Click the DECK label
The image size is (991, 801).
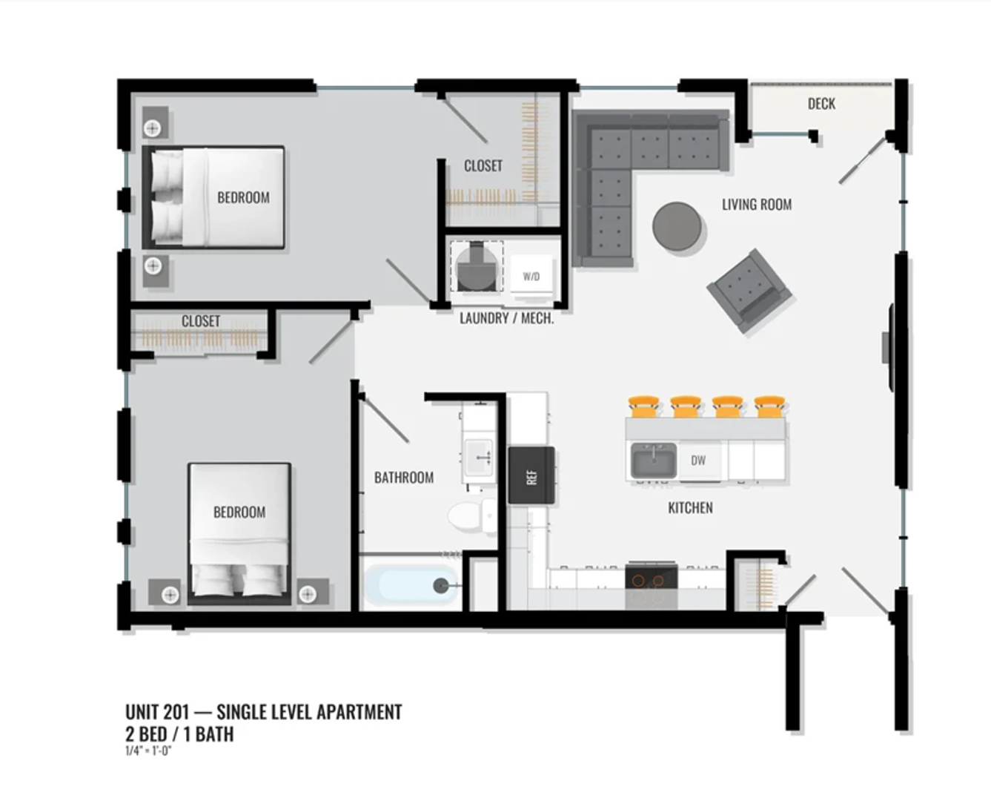click(821, 104)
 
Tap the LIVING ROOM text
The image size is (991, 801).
click(757, 204)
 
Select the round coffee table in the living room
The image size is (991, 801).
click(677, 227)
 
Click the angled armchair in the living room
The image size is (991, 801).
click(749, 291)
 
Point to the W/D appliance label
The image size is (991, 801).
click(531, 277)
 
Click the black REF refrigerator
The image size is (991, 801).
click(531, 475)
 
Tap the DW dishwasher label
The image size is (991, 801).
click(698, 461)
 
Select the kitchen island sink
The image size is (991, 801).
click(653, 461)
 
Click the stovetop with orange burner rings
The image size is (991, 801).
click(651, 580)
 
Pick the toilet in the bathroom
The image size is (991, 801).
click(471, 515)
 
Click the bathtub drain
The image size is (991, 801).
click(440, 585)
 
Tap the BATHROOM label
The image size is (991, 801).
click(404, 477)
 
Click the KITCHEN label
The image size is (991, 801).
click(691, 507)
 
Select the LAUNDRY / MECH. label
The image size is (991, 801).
click(507, 318)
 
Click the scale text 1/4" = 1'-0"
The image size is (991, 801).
click(148, 751)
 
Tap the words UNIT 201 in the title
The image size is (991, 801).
click(157, 712)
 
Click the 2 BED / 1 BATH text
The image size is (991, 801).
click(179, 734)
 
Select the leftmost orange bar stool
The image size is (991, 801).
click(644, 406)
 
